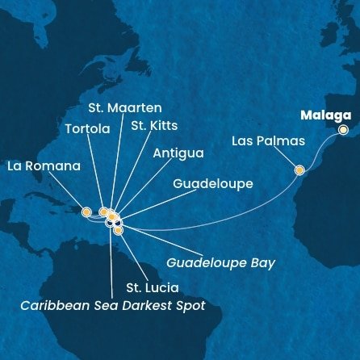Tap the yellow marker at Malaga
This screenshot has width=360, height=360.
[343, 129]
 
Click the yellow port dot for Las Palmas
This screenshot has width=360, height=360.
[299, 170]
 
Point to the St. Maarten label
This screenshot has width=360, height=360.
[124, 107]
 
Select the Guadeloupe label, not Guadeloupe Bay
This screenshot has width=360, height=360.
[212, 184]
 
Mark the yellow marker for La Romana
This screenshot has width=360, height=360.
[86, 211]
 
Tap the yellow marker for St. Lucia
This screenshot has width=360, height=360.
[118, 231]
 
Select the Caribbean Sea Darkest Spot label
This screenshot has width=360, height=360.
[114, 305]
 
